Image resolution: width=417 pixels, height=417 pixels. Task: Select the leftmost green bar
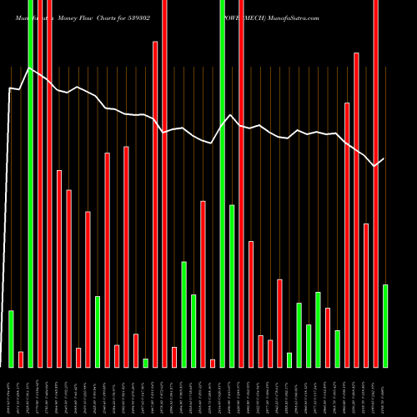coord(11,339)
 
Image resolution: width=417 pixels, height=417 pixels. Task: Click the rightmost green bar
coord(384,325)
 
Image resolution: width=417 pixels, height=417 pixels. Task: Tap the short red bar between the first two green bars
coord(21,359)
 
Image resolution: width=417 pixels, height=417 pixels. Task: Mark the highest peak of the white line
coord(30,68)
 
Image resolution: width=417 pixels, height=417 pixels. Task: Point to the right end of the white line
coord(384,158)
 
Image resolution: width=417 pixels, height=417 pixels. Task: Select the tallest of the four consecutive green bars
coord(318,329)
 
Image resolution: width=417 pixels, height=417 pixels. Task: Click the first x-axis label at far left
coord(9,392)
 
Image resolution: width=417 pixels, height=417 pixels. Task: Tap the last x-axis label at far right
coord(384,392)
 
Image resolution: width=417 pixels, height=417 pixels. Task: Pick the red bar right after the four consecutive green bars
coord(328,337)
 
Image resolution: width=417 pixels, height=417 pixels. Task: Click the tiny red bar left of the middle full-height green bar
coord(213,363)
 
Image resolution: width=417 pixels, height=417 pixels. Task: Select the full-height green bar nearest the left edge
coord(30,183)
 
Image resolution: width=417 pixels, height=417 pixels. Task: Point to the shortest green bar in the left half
coord(145,363)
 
